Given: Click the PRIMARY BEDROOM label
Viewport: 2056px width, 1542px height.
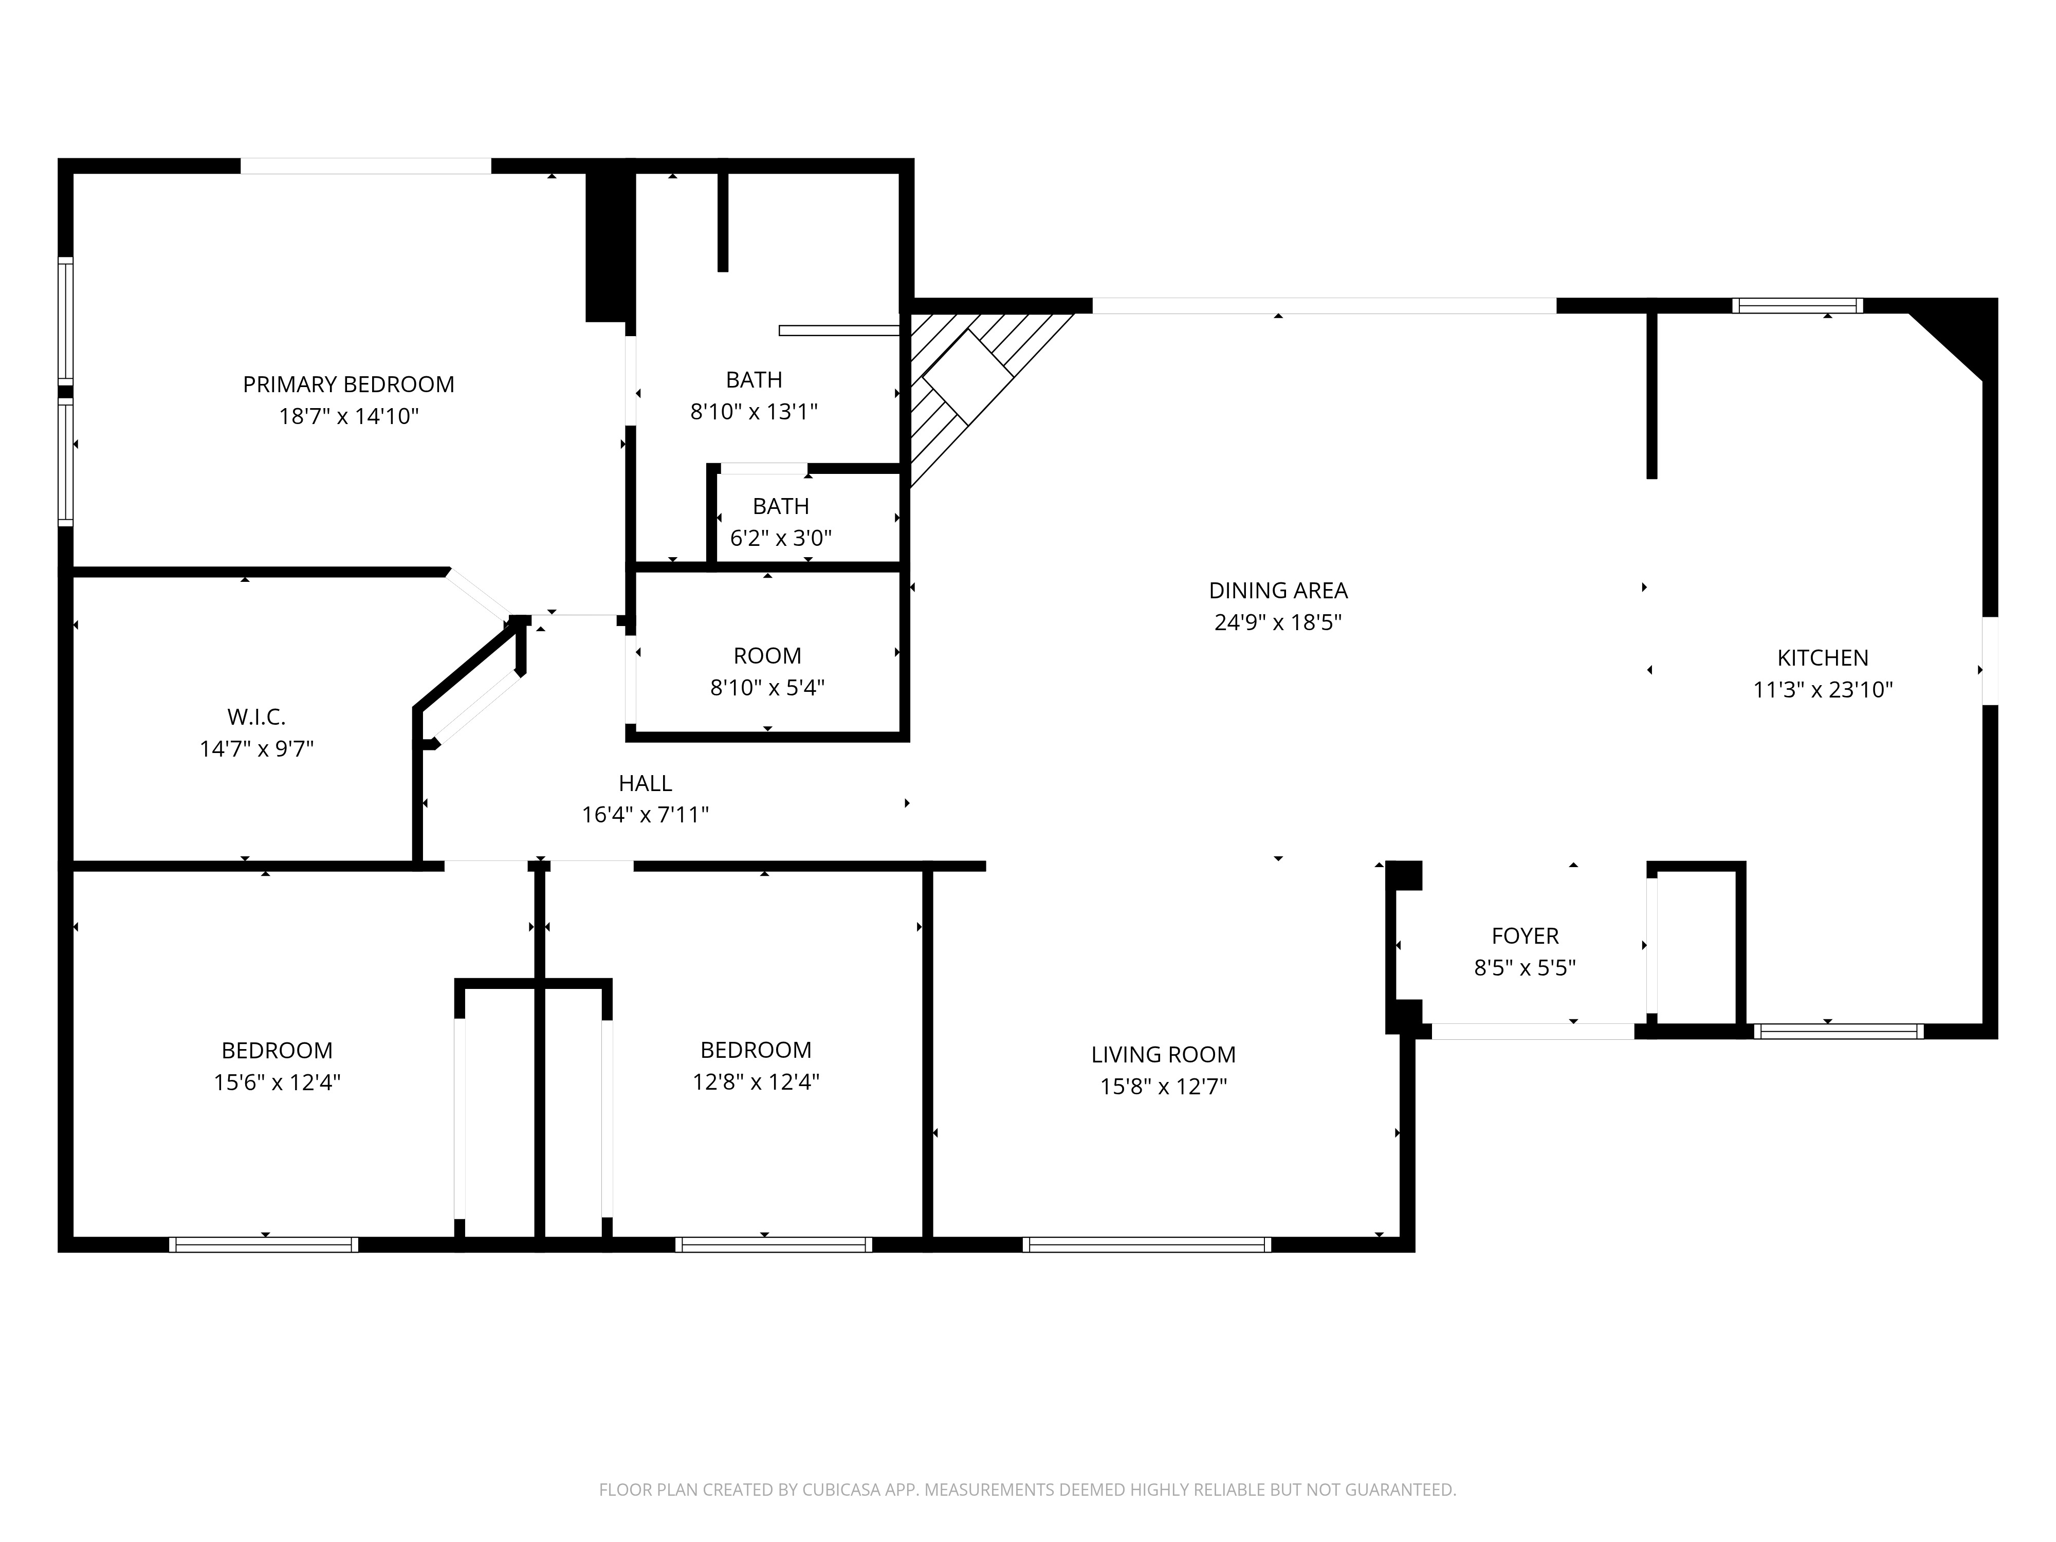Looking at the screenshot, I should [348, 384].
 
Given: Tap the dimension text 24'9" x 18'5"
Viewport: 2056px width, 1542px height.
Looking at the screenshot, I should [1278, 622].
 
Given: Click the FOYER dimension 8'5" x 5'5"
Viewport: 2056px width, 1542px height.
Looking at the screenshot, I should [1525, 967].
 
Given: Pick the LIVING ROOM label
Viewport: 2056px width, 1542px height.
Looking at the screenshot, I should [1163, 1054].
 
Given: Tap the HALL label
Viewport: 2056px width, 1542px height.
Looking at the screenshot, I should [645, 783].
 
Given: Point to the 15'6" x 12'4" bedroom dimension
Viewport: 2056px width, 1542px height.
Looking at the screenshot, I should [277, 1082].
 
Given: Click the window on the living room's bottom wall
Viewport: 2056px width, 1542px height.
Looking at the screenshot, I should [1146, 1244].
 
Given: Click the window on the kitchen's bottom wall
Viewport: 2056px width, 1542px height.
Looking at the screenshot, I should [1838, 1031].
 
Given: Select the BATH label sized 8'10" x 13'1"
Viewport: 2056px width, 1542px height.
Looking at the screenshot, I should [754, 379].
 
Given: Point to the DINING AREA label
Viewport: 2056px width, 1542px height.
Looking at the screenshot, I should [1278, 590].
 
